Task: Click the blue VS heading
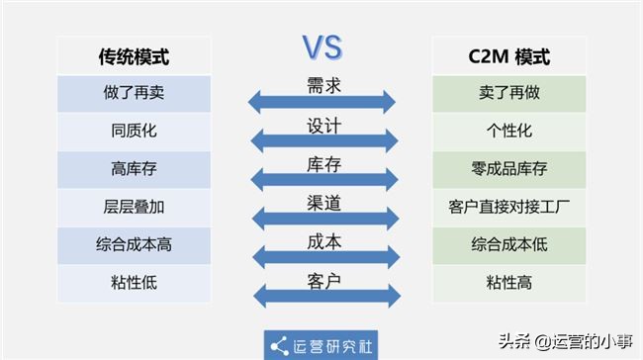321,46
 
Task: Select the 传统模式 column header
134,56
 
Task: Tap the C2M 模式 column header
509,56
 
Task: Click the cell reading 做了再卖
134,94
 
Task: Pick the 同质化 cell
134,132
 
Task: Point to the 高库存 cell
134,170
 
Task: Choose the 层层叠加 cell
134,208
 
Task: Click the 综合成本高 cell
134,245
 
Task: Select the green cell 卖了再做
509,94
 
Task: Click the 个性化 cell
509,132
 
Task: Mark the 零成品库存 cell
509,170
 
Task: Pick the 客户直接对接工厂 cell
509,208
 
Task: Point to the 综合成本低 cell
509,245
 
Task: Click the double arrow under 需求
321,101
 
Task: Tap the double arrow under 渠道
321,218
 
